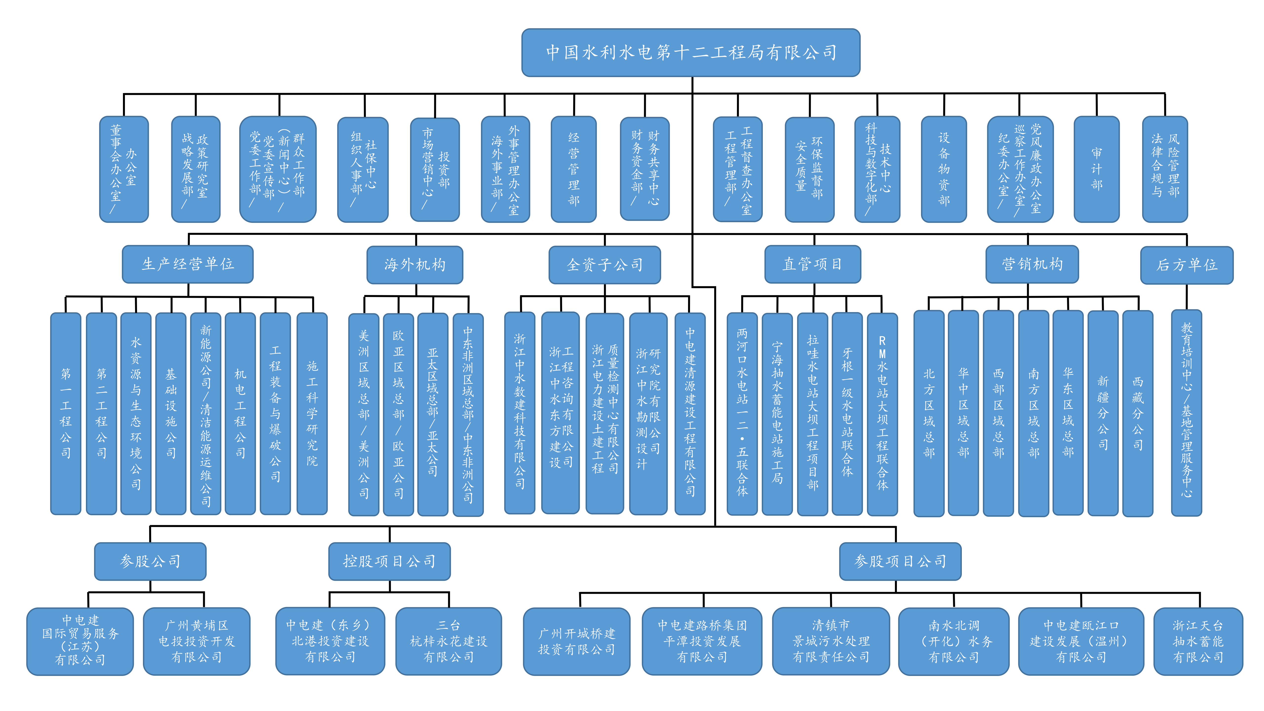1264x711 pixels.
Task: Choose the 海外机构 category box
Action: [x=415, y=265]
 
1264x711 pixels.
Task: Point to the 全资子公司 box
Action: [x=605, y=265]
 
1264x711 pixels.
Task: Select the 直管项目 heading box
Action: [x=812, y=264]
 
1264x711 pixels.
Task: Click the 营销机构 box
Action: [x=1032, y=264]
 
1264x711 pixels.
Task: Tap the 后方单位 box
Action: [x=1186, y=265]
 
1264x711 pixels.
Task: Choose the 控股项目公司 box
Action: [x=389, y=561]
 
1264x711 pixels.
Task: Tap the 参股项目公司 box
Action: [x=900, y=561]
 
